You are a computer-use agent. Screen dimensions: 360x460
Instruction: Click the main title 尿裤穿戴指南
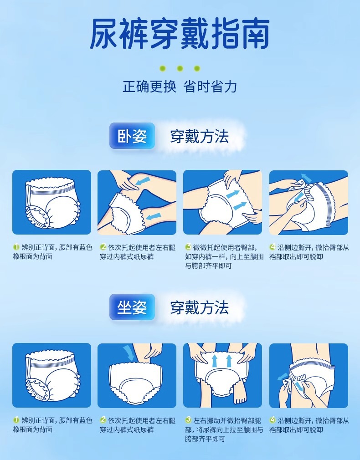[x=180, y=33]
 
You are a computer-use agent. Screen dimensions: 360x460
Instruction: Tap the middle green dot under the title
[x=180, y=69]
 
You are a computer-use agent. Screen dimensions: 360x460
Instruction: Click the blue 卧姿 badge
[x=132, y=136]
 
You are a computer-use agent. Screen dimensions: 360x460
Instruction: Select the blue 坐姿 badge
[x=132, y=307]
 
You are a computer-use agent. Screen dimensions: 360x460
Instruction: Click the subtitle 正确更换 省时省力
[x=180, y=87]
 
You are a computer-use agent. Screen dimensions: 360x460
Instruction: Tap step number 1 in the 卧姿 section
[x=16, y=247]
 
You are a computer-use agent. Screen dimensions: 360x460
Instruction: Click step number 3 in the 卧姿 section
[x=188, y=247]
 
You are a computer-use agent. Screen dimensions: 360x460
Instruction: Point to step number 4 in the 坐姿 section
[x=273, y=420]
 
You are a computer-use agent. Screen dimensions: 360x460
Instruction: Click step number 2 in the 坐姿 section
[x=103, y=420]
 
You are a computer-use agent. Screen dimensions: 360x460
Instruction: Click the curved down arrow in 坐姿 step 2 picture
[x=129, y=353]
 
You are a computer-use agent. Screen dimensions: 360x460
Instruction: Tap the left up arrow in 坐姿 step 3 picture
[x=215, y=361]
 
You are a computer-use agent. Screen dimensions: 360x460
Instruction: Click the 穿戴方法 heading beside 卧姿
[x=200, y=137]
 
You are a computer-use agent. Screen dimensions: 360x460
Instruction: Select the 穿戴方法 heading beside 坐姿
[x=200, y=308]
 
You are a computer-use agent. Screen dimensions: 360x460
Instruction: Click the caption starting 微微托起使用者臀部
[x=224, y=257]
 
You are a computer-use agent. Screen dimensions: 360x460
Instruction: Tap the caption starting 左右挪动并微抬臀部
[x=224, y=430]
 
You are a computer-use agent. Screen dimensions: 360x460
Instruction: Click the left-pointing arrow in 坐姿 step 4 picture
[x=283, y=376]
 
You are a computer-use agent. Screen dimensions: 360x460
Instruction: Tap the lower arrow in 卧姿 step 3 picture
[x=240, y=206]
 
